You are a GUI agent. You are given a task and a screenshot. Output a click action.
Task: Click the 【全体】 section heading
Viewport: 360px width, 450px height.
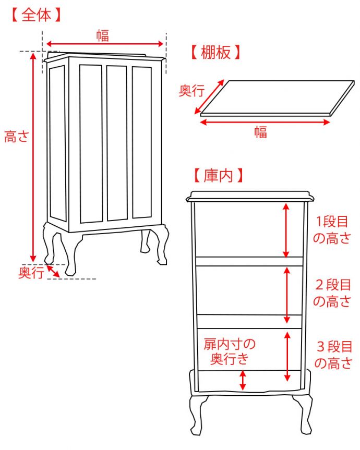[x=35, y=15]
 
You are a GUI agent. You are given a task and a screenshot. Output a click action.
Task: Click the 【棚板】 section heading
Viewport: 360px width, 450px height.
[x=216, y=52]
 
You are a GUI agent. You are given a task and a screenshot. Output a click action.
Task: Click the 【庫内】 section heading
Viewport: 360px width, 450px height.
[x=218, y=175]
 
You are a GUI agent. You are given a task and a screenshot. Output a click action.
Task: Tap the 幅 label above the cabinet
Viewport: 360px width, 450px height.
[x=102, y=35]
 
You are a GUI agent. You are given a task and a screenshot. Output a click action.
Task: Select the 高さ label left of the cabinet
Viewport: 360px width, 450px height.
[x=16, y=137]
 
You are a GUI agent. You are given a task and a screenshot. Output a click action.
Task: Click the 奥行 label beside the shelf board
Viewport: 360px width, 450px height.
[x=191, y=91]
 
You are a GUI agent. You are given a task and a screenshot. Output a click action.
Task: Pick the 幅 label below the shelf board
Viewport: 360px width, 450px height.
[x=260, y=132]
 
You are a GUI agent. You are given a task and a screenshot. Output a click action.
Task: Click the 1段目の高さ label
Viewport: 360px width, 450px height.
[x=332, y=230]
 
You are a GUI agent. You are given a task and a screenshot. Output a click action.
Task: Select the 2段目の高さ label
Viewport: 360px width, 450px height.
[x=332, y=293]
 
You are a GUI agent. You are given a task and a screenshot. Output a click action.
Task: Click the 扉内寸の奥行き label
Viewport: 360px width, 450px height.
[x=230, y=351]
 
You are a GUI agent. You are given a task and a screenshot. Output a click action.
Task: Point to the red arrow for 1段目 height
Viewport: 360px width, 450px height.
[x=286, y=230]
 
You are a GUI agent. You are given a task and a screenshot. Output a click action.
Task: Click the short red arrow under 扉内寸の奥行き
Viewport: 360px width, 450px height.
[x=243, y=380]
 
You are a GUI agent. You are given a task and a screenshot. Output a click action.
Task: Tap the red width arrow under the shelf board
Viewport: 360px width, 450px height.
[x=265, y=122]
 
